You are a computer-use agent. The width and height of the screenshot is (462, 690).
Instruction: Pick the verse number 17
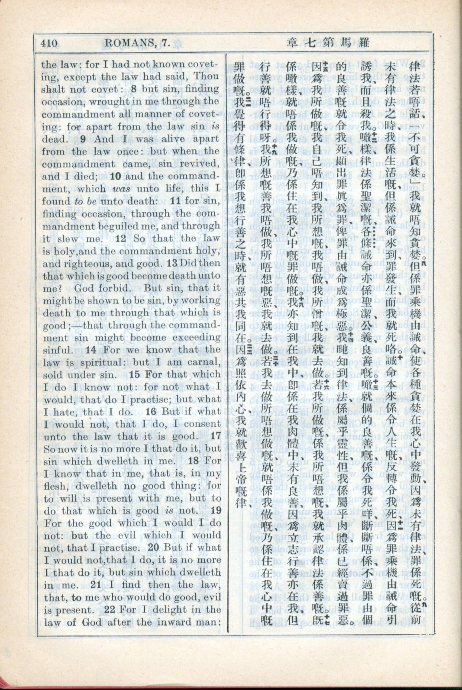coord(216,437)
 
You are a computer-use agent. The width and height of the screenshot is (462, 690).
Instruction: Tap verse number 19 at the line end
coord(216,511)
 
